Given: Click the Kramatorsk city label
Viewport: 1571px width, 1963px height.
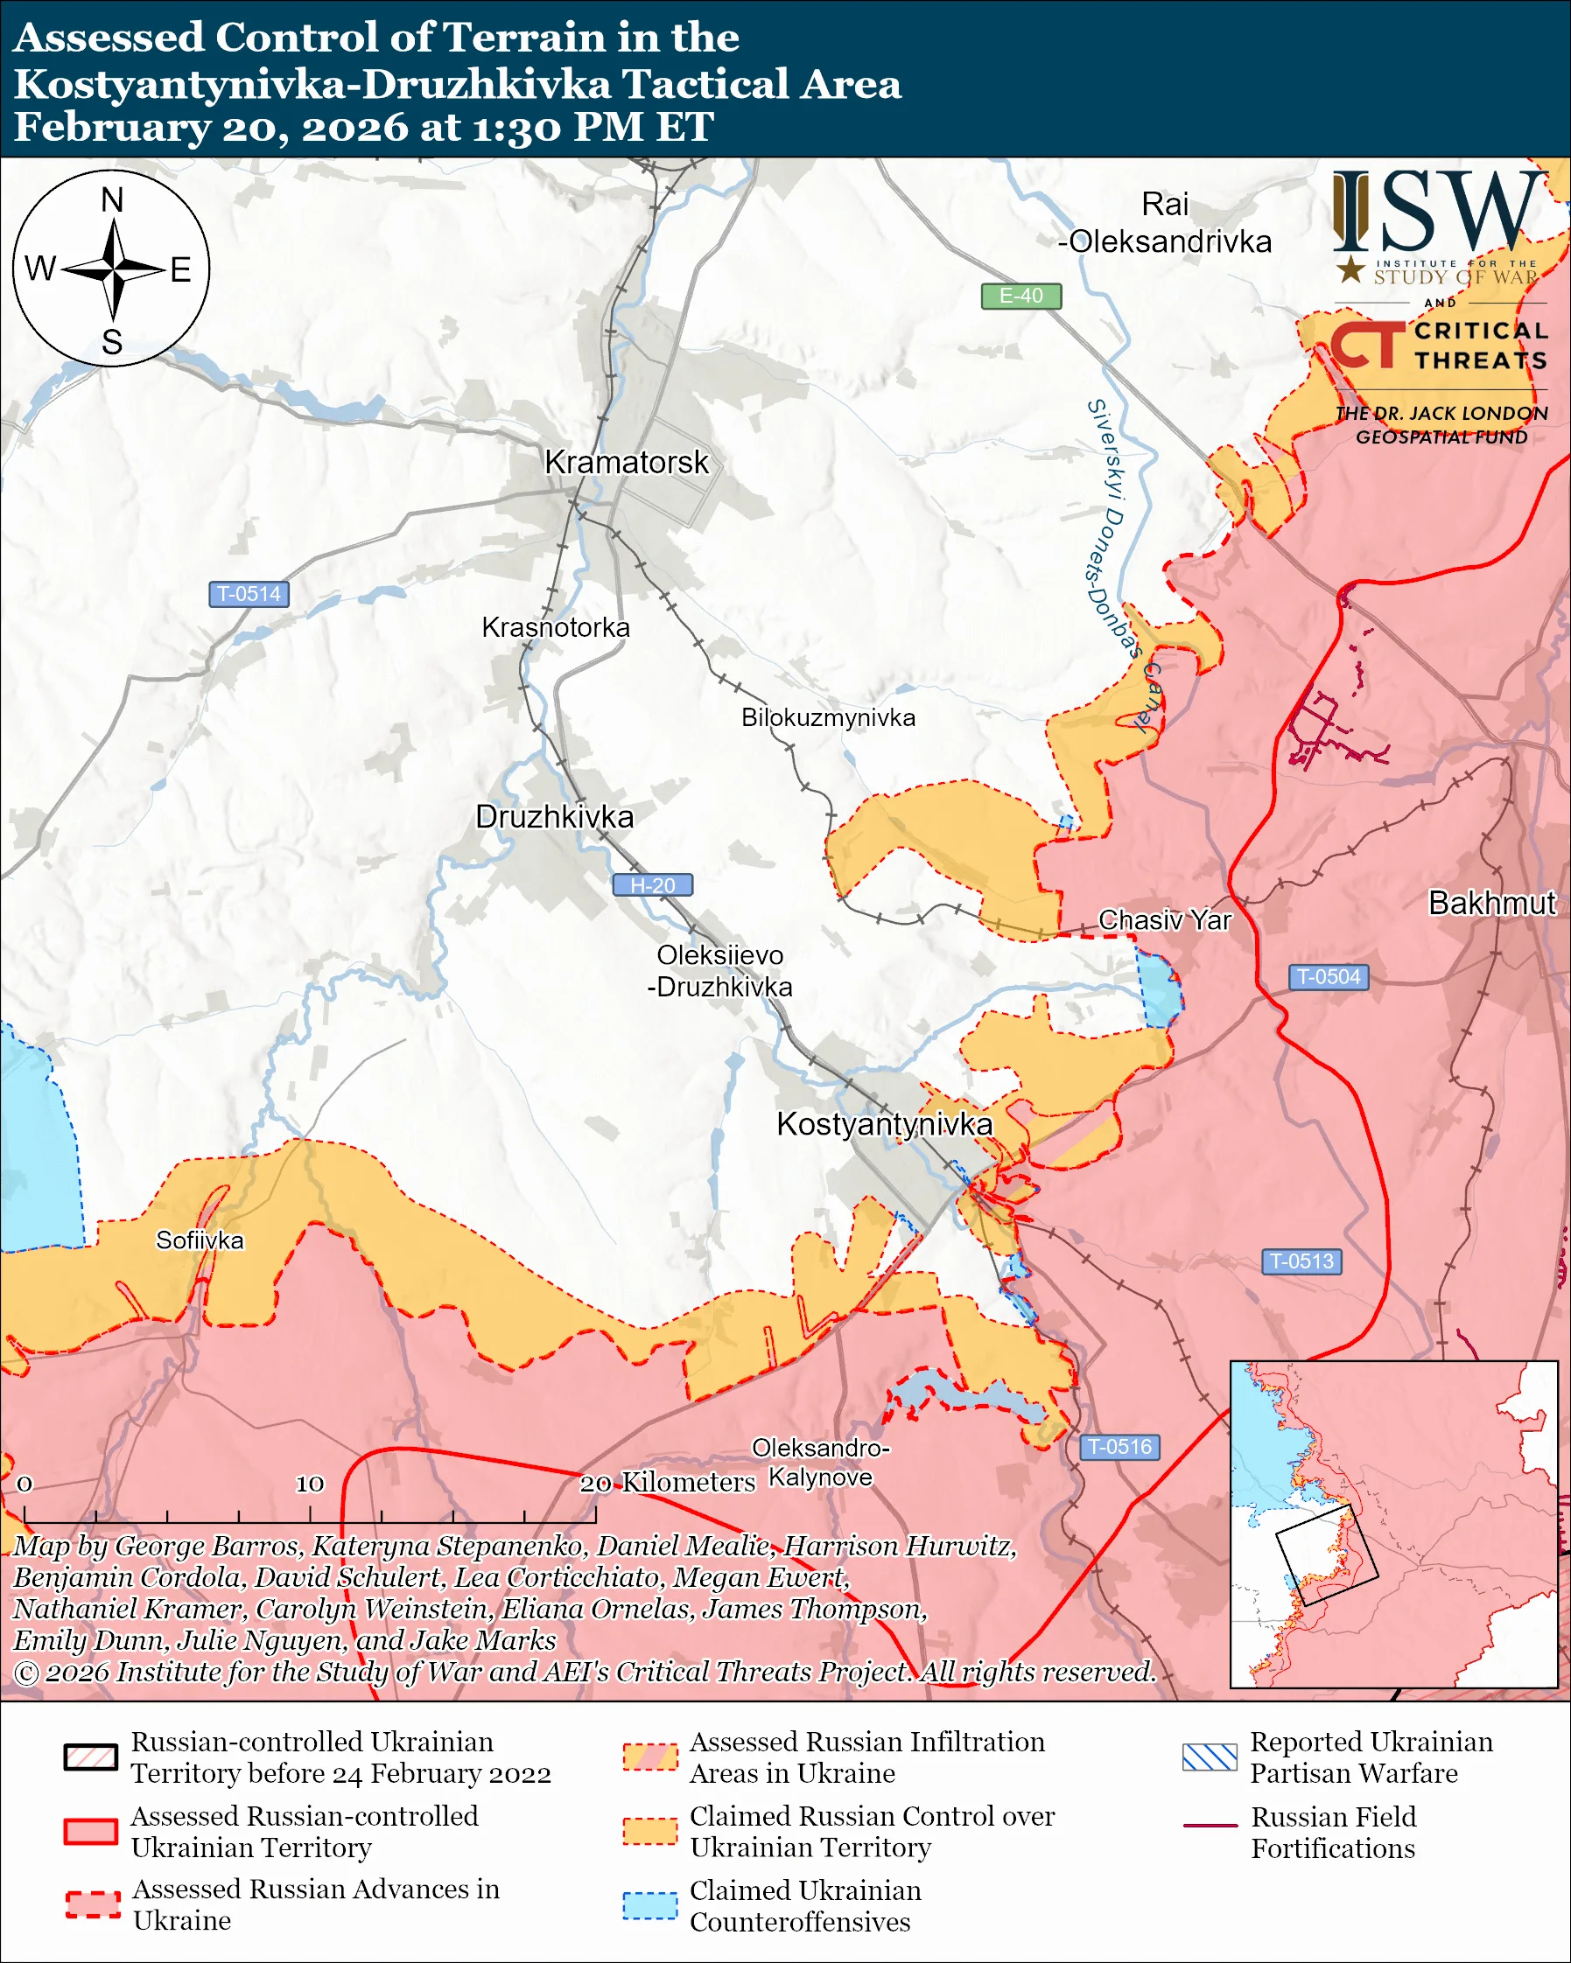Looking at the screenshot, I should point(626,463).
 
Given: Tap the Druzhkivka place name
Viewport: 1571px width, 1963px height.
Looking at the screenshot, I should point(554,817).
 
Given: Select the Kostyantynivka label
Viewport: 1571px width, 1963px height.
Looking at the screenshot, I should point(883,1124).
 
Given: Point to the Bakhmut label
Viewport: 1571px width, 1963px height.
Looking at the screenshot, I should point(1490,903).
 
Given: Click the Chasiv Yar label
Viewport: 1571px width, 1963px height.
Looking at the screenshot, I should point(1164,919).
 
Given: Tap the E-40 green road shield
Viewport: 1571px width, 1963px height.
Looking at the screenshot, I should point(1020,296).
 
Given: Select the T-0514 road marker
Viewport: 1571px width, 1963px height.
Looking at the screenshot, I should point(249,595).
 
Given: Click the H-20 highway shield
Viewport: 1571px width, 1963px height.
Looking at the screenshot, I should point(652,885).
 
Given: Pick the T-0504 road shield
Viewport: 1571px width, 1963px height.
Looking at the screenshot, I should point(1328,977).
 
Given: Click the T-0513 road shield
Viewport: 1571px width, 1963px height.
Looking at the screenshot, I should point(1301,1261).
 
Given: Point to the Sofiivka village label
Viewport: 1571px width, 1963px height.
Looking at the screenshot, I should point(200,1240).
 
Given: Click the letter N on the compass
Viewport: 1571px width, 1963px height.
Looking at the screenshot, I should point(112,199).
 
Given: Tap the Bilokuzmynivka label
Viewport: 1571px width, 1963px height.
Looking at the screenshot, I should point(828,717).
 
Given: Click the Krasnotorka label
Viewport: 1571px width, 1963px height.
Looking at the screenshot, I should point(555,627).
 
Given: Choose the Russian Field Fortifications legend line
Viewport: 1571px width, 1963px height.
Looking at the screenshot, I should point(1210,1827).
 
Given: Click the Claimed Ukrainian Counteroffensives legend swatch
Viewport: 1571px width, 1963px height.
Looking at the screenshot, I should point(649,1906).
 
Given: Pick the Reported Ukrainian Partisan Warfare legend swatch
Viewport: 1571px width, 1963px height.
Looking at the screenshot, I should point(1210,1757).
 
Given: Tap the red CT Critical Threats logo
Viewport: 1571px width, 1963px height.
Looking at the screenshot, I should point(1366,345).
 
